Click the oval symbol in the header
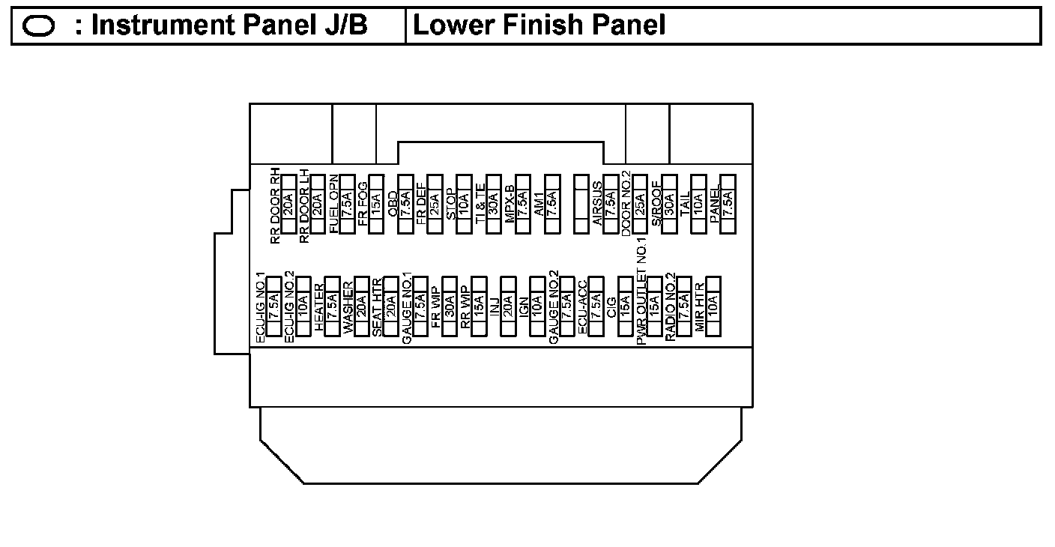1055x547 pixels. pyautogui.click(x=39, y=27)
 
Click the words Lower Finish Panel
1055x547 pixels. pyautogui.click(x=539, y=26)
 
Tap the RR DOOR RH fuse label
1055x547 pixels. pyautogui.click(x=275, y=206)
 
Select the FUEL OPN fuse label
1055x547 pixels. pyautogui.click(x=334, y=203)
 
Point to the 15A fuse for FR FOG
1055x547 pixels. pyautogui.click(x=376, y=204)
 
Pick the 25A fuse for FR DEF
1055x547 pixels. pyautogui.click(x=435, y=204)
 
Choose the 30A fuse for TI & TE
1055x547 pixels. pyautogui.click(x=493, y=204)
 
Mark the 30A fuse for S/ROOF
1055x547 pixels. pyautogui.click(x=669, y=204)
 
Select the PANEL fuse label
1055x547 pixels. pyautogui.click(x=715, y=203)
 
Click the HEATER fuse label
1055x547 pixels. pyautogui.click(x=320, y=306)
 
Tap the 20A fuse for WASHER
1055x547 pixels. pyautogui.click(x=361, y=306)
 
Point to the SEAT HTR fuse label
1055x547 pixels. pyautogui.click(x=378, y=306)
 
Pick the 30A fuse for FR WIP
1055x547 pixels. pyautogui.click(x=450, y=306)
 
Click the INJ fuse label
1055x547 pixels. pyautogui.click(x=495, y=308)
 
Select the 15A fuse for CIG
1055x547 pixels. pyautogui.click(x=625, y=306)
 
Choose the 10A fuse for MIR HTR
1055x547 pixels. pyautogui.click(x=713, y=306)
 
